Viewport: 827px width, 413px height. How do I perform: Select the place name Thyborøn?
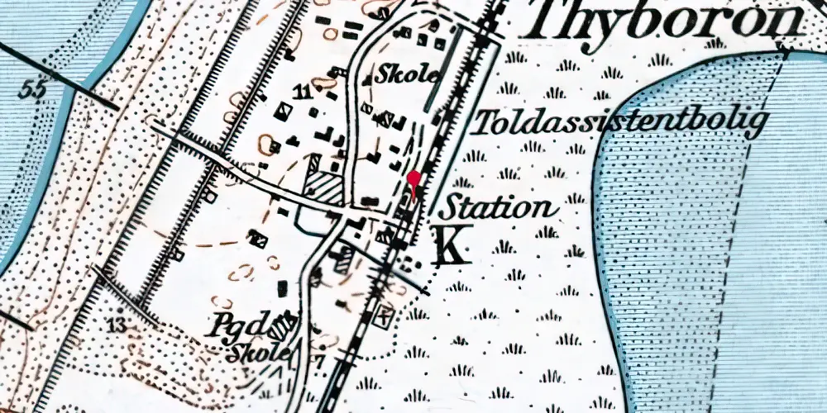pyautogui.click(x=666, y=21)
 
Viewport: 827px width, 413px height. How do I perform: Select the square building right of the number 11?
pyautogui.click(x=331, y=94)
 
